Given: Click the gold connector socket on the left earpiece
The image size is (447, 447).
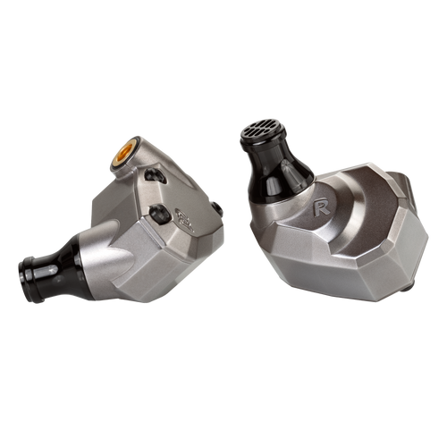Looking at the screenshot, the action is tap(124, 153).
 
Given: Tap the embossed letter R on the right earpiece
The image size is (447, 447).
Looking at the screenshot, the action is tap(322, 207).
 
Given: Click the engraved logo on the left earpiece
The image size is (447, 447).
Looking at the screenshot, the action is tap(184, 220).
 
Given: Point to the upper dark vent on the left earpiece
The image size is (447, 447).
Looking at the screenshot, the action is tap(156, 176).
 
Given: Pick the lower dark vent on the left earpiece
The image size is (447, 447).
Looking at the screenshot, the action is tap(160, 214).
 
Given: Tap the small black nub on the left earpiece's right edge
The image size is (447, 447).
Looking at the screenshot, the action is tap(217, 209).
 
